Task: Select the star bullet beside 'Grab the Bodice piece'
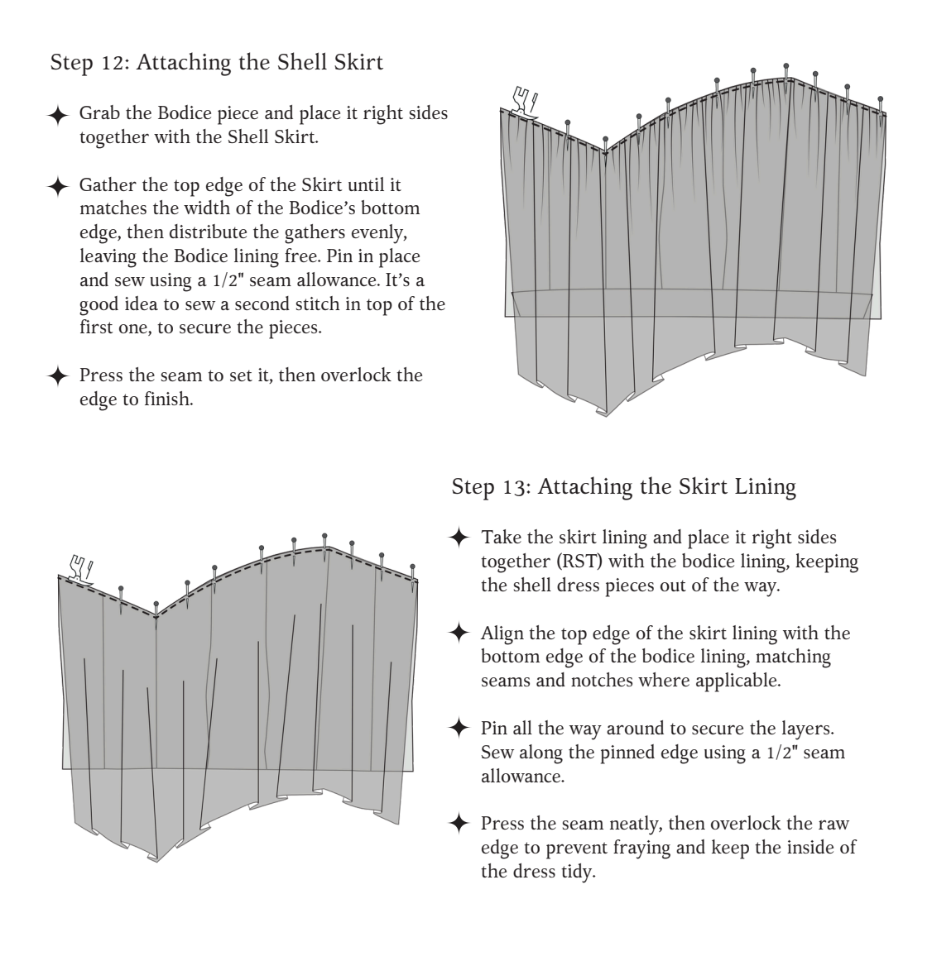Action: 58,115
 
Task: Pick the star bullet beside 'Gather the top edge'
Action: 58,186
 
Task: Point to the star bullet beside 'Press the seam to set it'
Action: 58,376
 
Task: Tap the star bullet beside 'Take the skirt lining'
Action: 459,538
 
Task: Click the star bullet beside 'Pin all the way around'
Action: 459,728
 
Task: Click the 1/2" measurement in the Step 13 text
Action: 781,753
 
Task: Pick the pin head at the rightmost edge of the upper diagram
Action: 881,98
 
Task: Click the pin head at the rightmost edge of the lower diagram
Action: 412,567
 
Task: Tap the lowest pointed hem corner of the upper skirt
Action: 606,416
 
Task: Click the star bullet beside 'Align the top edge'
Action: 459,633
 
